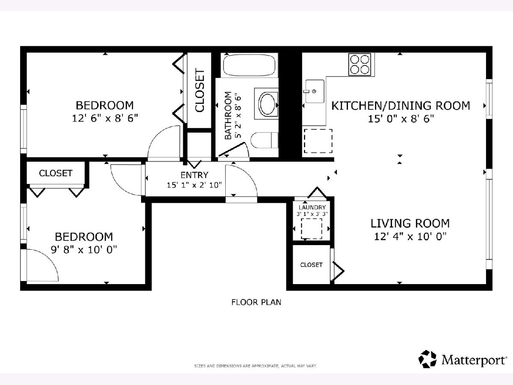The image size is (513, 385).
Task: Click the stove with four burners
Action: (x=360, y=64)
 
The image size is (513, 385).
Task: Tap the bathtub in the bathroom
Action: (x=249, y=65)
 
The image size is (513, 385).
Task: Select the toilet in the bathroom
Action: (x=264, y=140)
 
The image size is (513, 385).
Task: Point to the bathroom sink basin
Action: (x=266, y=104)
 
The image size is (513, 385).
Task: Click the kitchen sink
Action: (x=315, y=91)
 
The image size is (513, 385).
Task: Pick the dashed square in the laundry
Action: (x=311, y=228)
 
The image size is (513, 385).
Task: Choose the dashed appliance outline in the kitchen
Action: (x=318, y=141)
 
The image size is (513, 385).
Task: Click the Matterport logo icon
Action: (x=427, y=359)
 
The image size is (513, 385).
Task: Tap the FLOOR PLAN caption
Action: (x=256, y=302)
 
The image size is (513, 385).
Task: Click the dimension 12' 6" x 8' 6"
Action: (x=105, y=118)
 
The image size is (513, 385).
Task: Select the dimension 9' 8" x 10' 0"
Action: (x=84, y=250)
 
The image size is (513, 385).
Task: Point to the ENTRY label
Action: (x=194, y=175)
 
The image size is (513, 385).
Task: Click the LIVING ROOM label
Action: (x=410, y=223)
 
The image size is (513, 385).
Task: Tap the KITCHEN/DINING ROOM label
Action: (x=401, y=106)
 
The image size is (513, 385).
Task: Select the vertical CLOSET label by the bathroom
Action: (x=200, y=90)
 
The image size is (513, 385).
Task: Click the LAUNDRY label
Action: (x=312, y=207)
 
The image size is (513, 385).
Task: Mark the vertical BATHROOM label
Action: (x=228, y=115)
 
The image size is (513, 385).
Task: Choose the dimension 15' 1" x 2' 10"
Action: (x=194, y=185)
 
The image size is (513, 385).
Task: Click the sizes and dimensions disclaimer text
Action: (x=256, y=366)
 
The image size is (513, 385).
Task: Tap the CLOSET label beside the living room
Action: (x=311, y=265)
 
